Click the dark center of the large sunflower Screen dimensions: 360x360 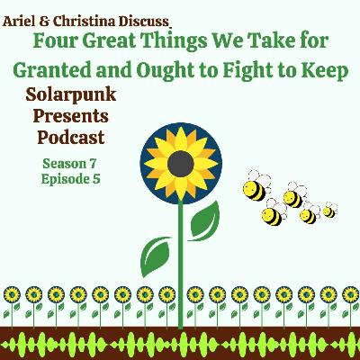click(x=181, y=164)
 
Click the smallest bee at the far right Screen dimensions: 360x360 click(x=329, y=211)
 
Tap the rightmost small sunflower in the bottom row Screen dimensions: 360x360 click(x=350, y=294)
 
